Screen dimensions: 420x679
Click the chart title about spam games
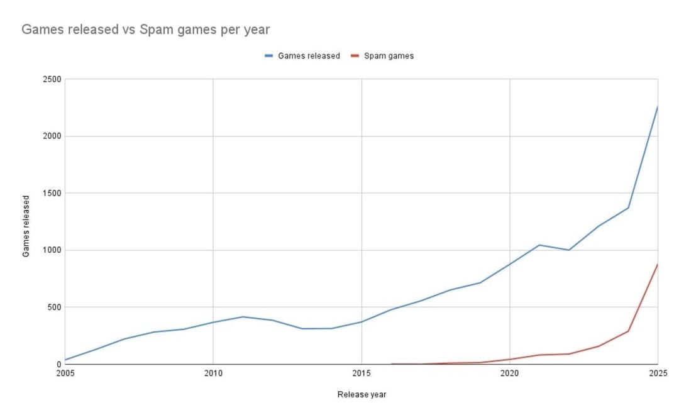(145, 30)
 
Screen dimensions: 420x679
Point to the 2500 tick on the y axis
(52, 79)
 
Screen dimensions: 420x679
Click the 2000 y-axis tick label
(52, 136)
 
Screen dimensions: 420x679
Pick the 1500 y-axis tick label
(52, 193)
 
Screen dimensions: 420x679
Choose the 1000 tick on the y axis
(52, 250)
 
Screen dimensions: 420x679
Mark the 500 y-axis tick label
(54, 307)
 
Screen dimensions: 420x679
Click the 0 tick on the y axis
(58, 364)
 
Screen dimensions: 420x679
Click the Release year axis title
(362, 395)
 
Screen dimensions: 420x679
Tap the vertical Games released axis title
(26, 222)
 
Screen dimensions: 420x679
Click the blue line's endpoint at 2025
(657, 107)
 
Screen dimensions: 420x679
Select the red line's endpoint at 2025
(657, 265)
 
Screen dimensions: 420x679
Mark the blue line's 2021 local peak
(539, 245)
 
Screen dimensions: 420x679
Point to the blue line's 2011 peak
(243, 317)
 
